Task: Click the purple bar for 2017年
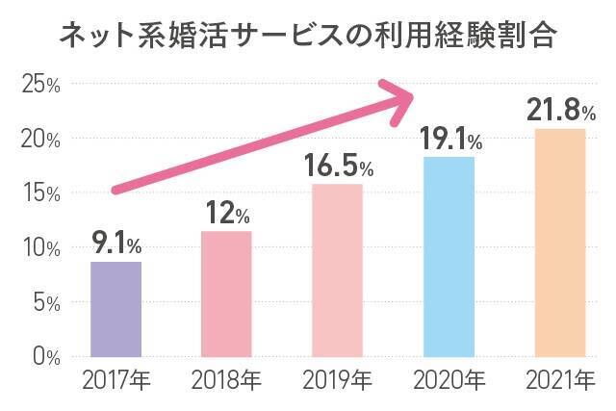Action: coord(115,309)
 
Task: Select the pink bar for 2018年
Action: coord(226,294)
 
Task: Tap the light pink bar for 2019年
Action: coord(337,270)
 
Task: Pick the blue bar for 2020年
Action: coord(449,256)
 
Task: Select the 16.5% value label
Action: coord(338,166)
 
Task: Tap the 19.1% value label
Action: coord(450,140)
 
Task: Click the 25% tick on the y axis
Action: coord(40,85)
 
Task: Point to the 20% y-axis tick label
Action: coord(40,140)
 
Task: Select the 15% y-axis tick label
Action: coord(40,193)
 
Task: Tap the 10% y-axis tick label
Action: coord(40,248)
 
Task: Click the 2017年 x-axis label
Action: coord(115,382)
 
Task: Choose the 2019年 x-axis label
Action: coord(337,382)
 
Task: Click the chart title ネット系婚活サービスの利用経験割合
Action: coord(308,37)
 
